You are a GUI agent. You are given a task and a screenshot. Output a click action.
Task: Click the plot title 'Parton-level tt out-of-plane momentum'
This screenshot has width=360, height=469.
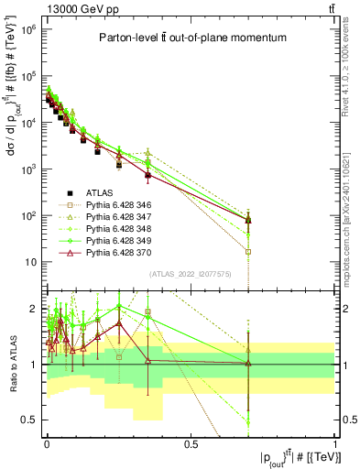coord(190,38)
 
